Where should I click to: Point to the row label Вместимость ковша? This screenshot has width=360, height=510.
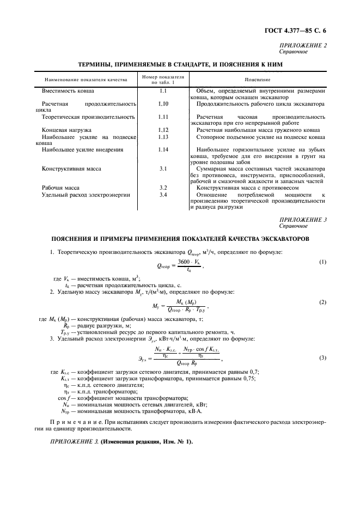[x=68, y=89]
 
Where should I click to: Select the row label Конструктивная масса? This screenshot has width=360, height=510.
[x=71, y=169]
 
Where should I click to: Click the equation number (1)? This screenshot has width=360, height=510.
[x=322, y=262]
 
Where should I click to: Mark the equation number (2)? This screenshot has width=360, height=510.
[x=322, y=301]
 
